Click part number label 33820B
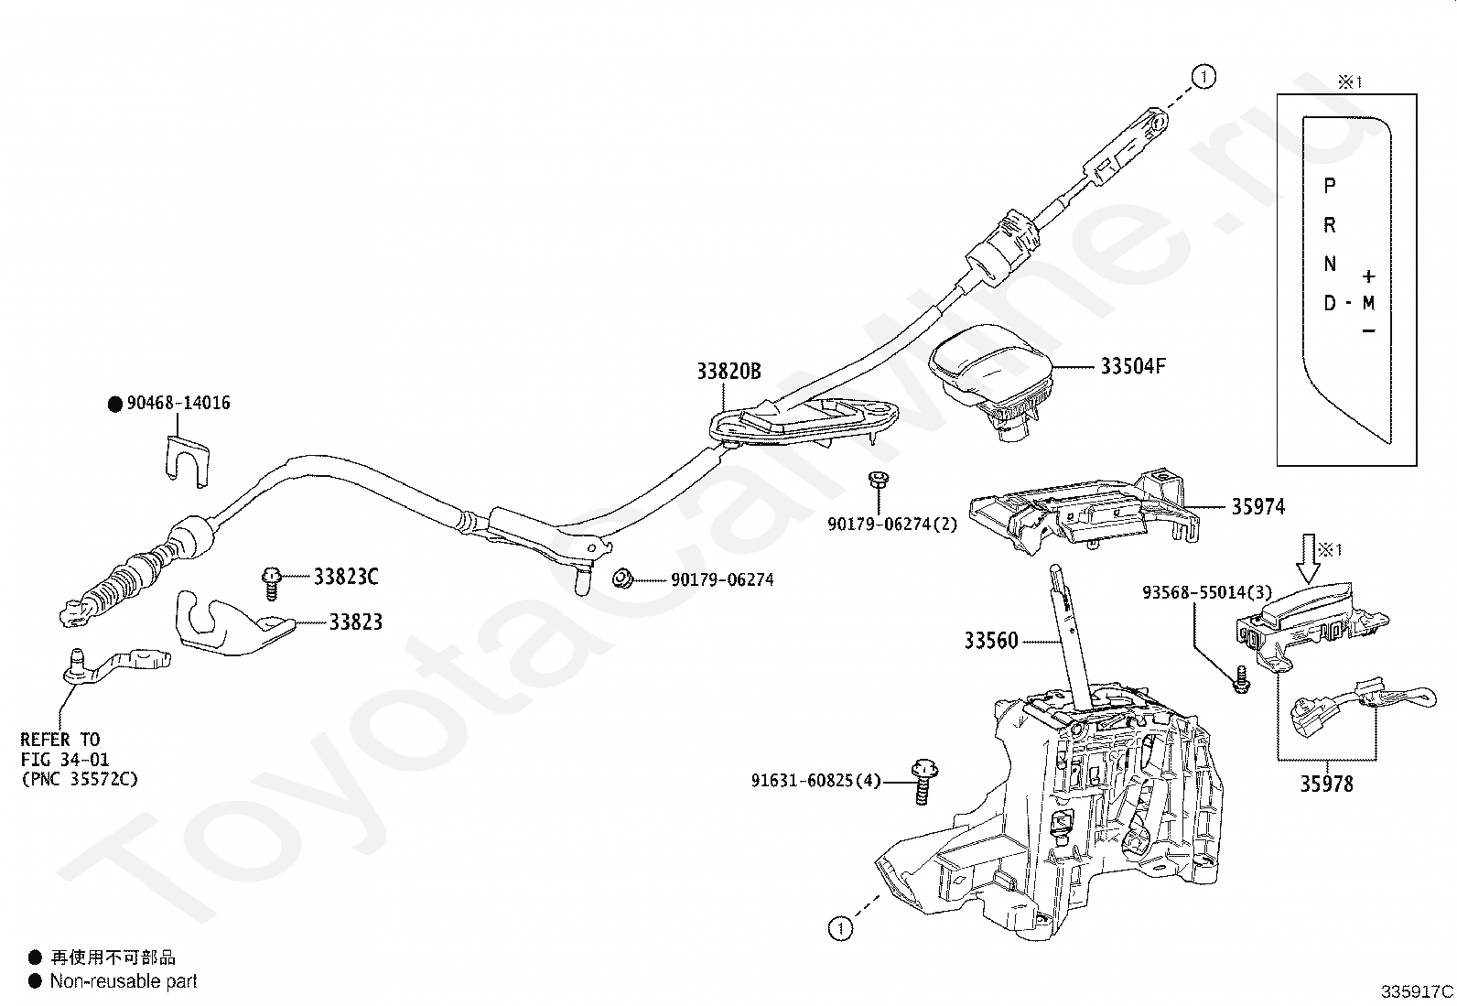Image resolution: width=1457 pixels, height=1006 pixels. coord(728,371)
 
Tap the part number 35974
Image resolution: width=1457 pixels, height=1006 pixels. coord(1258,507)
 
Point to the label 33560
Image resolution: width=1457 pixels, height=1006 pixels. coord(990,640)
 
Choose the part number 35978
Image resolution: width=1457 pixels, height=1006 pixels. coord(1326,784)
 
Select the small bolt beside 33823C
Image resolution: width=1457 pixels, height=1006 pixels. coord(271,582)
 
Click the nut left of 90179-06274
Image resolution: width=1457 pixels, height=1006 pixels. coord(622,578)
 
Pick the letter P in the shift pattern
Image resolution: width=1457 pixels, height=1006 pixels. coord(1330,186)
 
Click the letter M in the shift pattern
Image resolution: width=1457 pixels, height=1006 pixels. coord(1368,303)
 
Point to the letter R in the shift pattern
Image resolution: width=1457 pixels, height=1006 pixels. coord(1330,225)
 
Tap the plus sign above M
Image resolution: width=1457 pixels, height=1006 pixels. coord(1368,276)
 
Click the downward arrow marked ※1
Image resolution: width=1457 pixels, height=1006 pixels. coord(1308,559)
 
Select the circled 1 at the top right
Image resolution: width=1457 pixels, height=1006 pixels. coord(1203,77)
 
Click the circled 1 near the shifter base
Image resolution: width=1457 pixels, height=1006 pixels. coord(840,928)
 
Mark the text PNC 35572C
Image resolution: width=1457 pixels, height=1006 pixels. coord(80,779)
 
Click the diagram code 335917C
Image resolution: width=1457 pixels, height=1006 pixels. coord(1417,991)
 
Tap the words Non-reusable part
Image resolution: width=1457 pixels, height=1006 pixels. coord(124,980)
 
